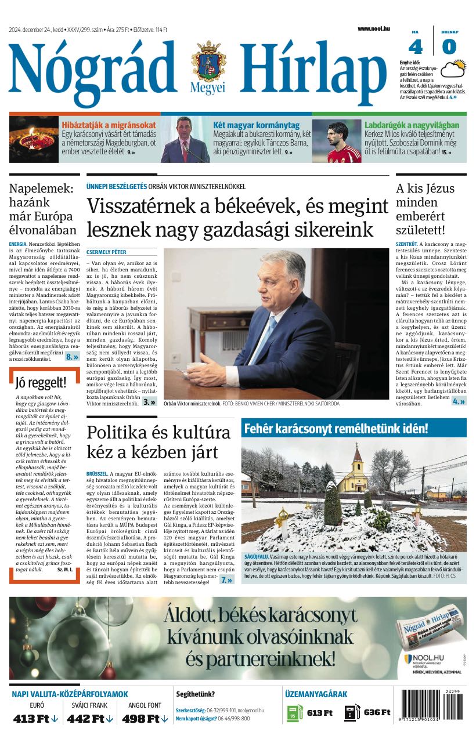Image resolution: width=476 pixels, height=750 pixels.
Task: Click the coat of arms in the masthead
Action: [208, 62]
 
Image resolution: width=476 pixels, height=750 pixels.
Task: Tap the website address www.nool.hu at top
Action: [373, 28]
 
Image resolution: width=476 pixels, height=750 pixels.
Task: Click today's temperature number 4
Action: [416, 46]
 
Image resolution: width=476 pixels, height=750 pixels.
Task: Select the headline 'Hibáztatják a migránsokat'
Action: [109, 125]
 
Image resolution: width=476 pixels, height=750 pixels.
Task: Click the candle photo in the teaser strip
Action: [34, 140]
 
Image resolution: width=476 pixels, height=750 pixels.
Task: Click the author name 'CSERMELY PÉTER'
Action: [106, 252]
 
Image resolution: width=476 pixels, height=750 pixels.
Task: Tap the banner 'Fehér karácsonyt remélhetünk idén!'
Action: [336, 429]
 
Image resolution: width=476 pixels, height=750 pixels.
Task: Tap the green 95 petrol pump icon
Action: [294, 713]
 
